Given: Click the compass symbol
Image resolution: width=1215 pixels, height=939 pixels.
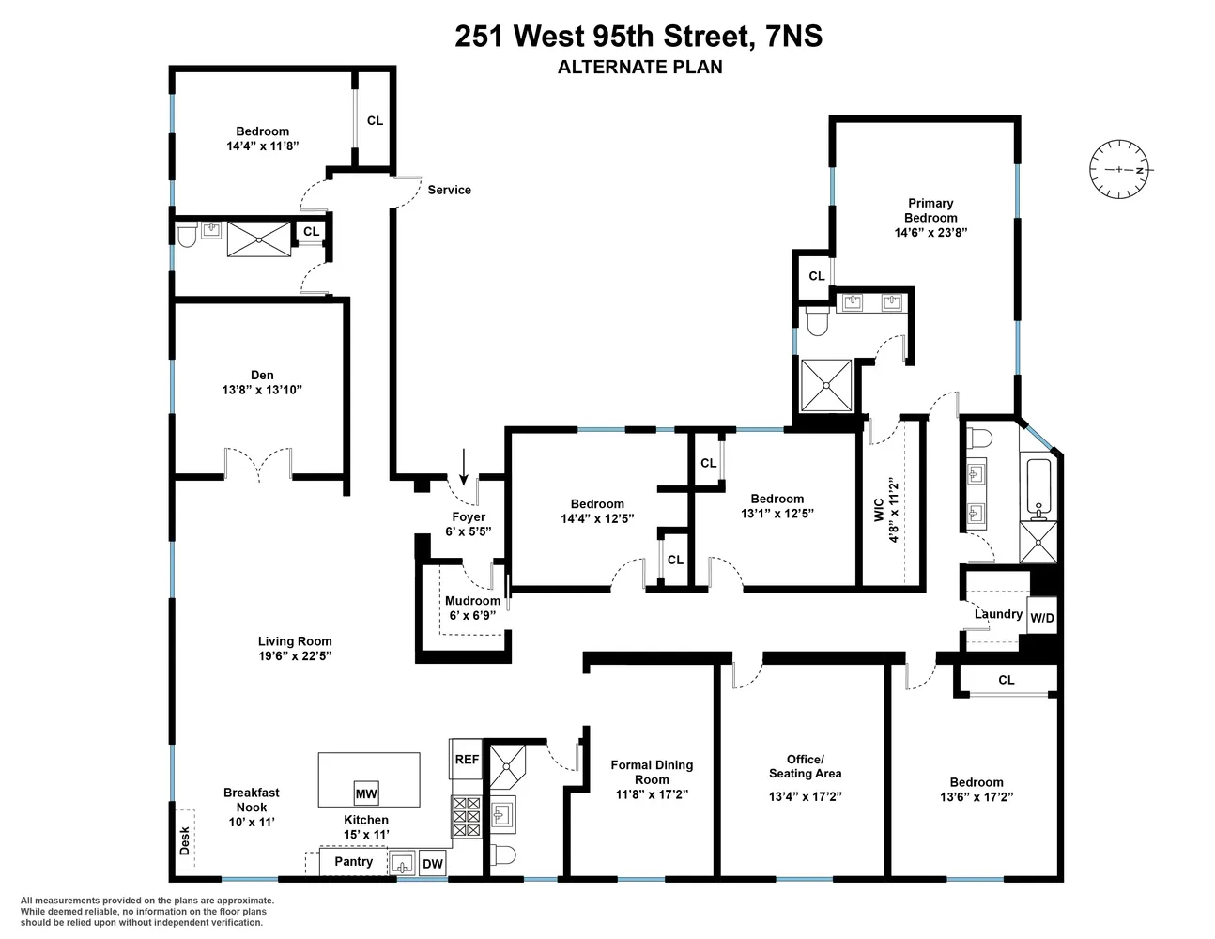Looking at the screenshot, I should [1119, 170].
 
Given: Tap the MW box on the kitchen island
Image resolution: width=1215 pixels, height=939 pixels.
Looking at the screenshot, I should [366, 793].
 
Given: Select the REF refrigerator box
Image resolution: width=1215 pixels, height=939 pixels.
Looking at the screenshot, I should [467, 759].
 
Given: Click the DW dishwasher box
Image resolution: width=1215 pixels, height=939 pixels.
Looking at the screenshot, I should [432, 865].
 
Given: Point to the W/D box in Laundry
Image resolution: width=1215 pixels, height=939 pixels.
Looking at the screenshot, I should [1042, 618].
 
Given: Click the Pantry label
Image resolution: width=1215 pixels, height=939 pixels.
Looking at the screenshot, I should [354, 861].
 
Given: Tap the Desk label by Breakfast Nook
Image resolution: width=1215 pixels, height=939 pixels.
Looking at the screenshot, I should [184, 839].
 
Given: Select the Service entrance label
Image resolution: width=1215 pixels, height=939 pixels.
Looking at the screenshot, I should [449, 190].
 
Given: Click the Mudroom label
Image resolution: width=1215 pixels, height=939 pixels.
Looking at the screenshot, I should [472, 601].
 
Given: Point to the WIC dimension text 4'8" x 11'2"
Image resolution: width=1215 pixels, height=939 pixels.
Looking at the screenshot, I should [894, 512].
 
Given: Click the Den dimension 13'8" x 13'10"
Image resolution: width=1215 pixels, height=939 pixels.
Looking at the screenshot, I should [262, 390].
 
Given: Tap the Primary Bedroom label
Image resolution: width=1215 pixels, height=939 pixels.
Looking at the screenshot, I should [930, 210].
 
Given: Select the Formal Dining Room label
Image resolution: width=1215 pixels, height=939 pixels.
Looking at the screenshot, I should [652, 772].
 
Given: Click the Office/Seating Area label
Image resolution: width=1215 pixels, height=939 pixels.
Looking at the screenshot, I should [805, 766].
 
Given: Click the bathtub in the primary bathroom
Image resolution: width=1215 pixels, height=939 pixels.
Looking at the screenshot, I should [1038, 486].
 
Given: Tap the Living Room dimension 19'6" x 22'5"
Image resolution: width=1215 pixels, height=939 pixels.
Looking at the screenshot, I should [295, 655].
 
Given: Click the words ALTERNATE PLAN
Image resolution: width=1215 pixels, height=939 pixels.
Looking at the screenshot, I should [639, 67].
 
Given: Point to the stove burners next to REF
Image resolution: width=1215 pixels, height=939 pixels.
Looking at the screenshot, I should [466, 817].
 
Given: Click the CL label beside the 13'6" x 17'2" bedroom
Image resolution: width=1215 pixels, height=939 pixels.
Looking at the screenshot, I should [1007, 680].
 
